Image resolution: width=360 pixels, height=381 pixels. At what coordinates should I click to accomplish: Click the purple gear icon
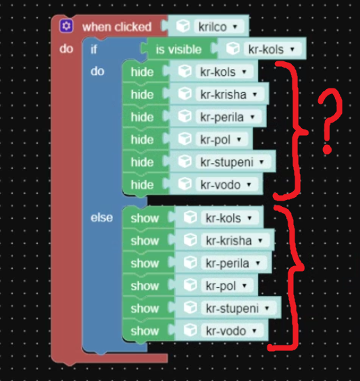click(66, 26)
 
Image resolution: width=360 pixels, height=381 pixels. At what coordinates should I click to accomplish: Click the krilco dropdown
click(219, 26)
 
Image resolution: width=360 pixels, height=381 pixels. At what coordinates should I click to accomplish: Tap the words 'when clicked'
click(117, 26)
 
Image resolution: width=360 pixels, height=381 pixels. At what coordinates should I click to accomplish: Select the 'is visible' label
click(179, 49)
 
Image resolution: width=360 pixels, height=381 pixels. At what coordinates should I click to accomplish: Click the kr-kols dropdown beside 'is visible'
click(272, 49)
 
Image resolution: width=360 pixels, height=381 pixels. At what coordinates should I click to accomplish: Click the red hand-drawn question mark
click(330, 120)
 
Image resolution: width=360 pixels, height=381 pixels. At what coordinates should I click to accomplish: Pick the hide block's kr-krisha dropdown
click(230, 94)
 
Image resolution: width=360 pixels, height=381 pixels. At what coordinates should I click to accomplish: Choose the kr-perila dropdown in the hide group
click(228, 117)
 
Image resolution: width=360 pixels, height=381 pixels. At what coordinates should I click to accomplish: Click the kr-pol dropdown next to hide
click(222, 139)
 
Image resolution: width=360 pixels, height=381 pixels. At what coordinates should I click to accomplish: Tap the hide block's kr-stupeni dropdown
click(233, 162)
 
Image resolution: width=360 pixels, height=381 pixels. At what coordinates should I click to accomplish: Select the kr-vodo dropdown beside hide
click(226, 185)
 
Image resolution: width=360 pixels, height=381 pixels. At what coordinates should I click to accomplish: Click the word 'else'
click(102, 217)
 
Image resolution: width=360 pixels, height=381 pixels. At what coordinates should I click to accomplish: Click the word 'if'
click(94, 49)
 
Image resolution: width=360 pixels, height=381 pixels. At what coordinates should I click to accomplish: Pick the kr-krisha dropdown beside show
click(235, 240)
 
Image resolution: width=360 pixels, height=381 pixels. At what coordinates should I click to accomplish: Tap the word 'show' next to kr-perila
click(145, 263)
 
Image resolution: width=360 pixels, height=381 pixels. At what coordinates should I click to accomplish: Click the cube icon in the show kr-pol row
click(191, 286)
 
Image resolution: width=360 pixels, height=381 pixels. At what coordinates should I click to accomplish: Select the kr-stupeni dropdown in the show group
click(239, 309)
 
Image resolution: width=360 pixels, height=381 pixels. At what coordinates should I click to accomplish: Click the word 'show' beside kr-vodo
click(145, 331)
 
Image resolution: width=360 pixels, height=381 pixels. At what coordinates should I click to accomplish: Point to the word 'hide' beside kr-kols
click(142, 72)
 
